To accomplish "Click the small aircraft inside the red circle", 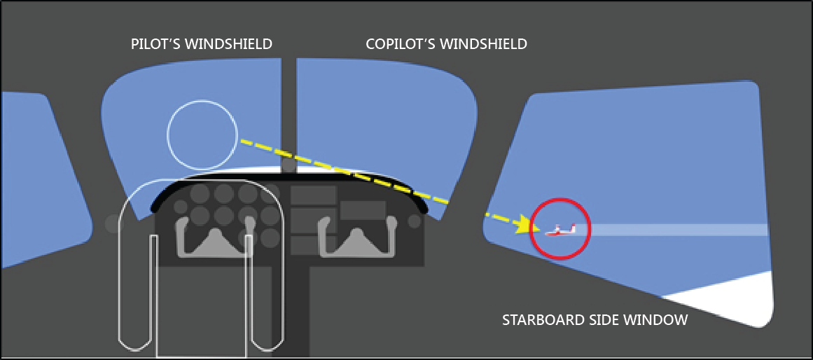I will pos(560,229).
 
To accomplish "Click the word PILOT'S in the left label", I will pos(156,44).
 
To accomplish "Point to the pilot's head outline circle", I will pos(202,135).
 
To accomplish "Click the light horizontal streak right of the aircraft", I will pos(672,230).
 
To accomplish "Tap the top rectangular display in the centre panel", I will pos(313,195).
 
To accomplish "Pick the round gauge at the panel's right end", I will pos(414,221).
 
